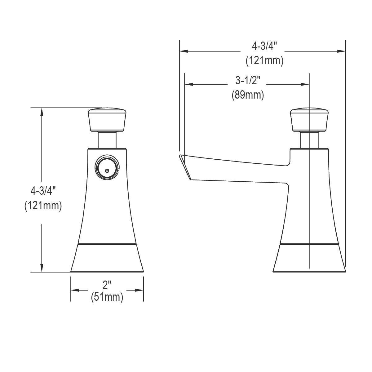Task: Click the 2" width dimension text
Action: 107,285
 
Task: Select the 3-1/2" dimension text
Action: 247,81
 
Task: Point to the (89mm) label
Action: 248,95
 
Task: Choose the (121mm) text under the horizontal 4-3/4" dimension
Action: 264,60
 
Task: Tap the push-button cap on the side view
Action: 309,119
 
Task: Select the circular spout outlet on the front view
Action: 107,168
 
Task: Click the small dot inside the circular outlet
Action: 107,170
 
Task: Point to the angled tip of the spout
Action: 185,166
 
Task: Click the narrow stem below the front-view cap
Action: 108,139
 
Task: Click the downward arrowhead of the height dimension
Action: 42,268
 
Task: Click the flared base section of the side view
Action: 309,259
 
